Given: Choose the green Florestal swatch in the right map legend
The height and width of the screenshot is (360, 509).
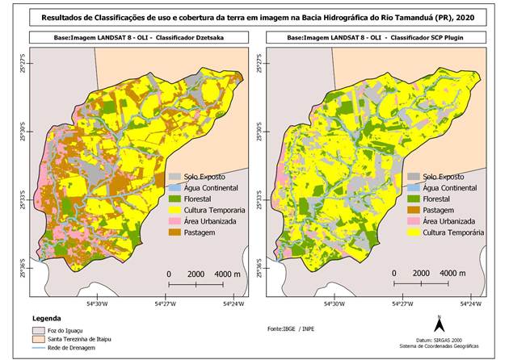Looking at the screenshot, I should [x=402, y=199].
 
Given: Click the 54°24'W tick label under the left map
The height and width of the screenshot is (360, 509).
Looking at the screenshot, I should [x=232, y=304].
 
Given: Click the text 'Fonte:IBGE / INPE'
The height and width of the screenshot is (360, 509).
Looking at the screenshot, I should [x=294, y=329].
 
